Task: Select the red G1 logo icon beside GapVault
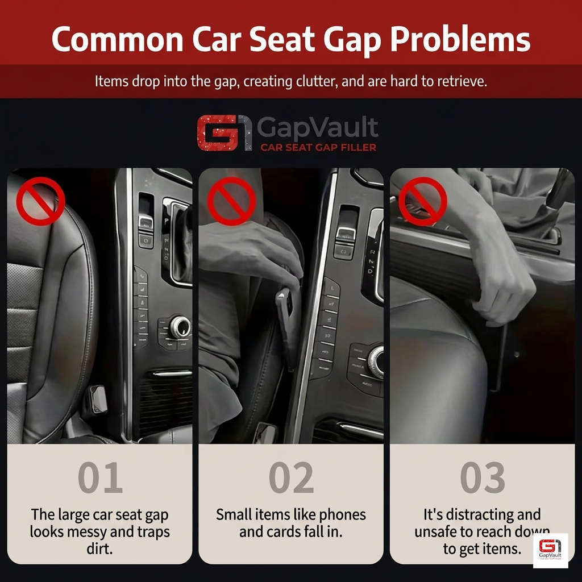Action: coord(224,133)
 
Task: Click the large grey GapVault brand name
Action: coord(317,128)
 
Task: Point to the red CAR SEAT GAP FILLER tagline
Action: coord(318,147)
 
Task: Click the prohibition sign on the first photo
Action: coord(40,201)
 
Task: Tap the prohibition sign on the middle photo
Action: coord(231,201)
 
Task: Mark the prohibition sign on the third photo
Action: coord(422,201)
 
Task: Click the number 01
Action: coord(100,478)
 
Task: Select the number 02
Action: coord(291,478)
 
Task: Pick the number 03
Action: coord(482,478)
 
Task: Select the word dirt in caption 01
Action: coord(100,550)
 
